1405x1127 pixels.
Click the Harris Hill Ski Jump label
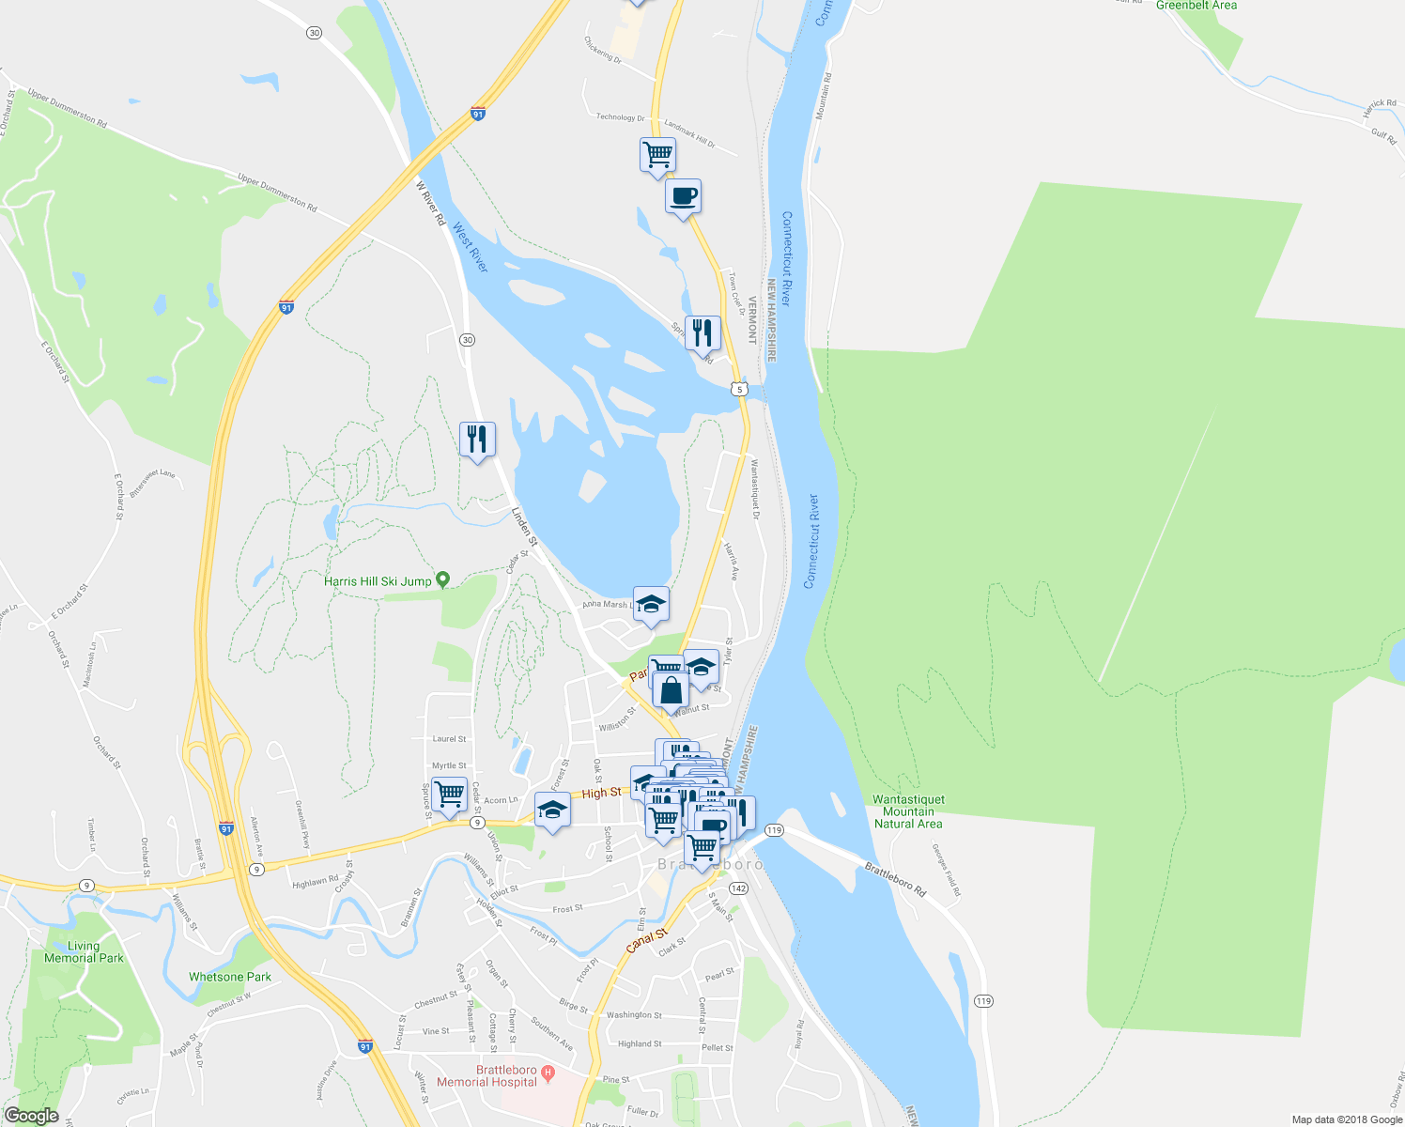point(378,581)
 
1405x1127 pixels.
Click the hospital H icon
point(549,1072)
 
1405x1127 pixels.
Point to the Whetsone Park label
point(230,977)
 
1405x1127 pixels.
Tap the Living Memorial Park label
point(84,952)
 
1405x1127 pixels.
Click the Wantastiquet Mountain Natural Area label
point(908,811)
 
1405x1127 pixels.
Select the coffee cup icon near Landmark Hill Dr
point(683,197)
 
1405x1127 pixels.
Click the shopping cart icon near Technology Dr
point(657,154)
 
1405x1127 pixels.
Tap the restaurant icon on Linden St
point(477,439)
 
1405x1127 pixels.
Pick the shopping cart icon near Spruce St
point(449,793)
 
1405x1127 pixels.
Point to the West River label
point(471,247)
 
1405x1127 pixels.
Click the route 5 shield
point(741,389)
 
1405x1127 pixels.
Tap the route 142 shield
point(738,888)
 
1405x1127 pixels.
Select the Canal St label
point(646,940)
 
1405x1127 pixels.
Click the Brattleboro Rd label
point(896,879)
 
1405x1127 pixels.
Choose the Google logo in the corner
point(31,1116)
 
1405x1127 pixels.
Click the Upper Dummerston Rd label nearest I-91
point(277,192)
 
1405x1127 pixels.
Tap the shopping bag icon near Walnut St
point(672,690)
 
